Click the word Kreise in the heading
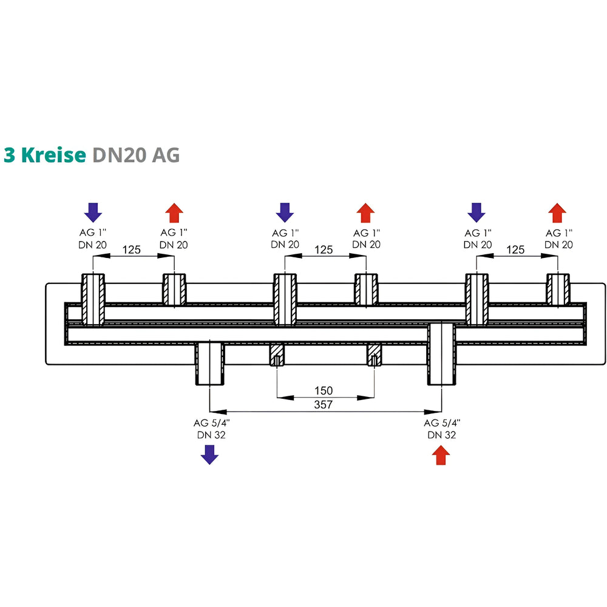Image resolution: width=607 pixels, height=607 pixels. point(53,155)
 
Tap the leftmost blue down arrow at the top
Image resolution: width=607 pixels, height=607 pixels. point(93,212)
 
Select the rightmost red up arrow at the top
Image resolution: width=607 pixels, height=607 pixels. point(557,213)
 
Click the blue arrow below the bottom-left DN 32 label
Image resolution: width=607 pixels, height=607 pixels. point(209,454)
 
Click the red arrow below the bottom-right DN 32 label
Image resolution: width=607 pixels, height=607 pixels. point(441,455)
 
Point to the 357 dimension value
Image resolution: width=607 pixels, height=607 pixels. point(324,405)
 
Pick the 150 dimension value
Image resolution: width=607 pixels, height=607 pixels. point(324,390)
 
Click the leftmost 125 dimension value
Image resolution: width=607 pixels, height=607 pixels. point(133,249)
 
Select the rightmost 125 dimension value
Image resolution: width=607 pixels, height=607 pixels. point(515,249)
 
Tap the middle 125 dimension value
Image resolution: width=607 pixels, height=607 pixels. point(324,249)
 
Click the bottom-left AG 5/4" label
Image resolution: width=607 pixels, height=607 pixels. point(209,423)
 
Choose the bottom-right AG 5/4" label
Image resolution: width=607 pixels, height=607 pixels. point(441,423)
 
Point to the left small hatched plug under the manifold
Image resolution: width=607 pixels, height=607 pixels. point(277,354)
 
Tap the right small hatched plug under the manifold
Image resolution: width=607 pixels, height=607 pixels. point(373,354)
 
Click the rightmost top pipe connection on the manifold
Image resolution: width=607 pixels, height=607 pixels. point(558,290)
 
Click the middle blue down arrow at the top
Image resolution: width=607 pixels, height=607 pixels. point(285,212)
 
